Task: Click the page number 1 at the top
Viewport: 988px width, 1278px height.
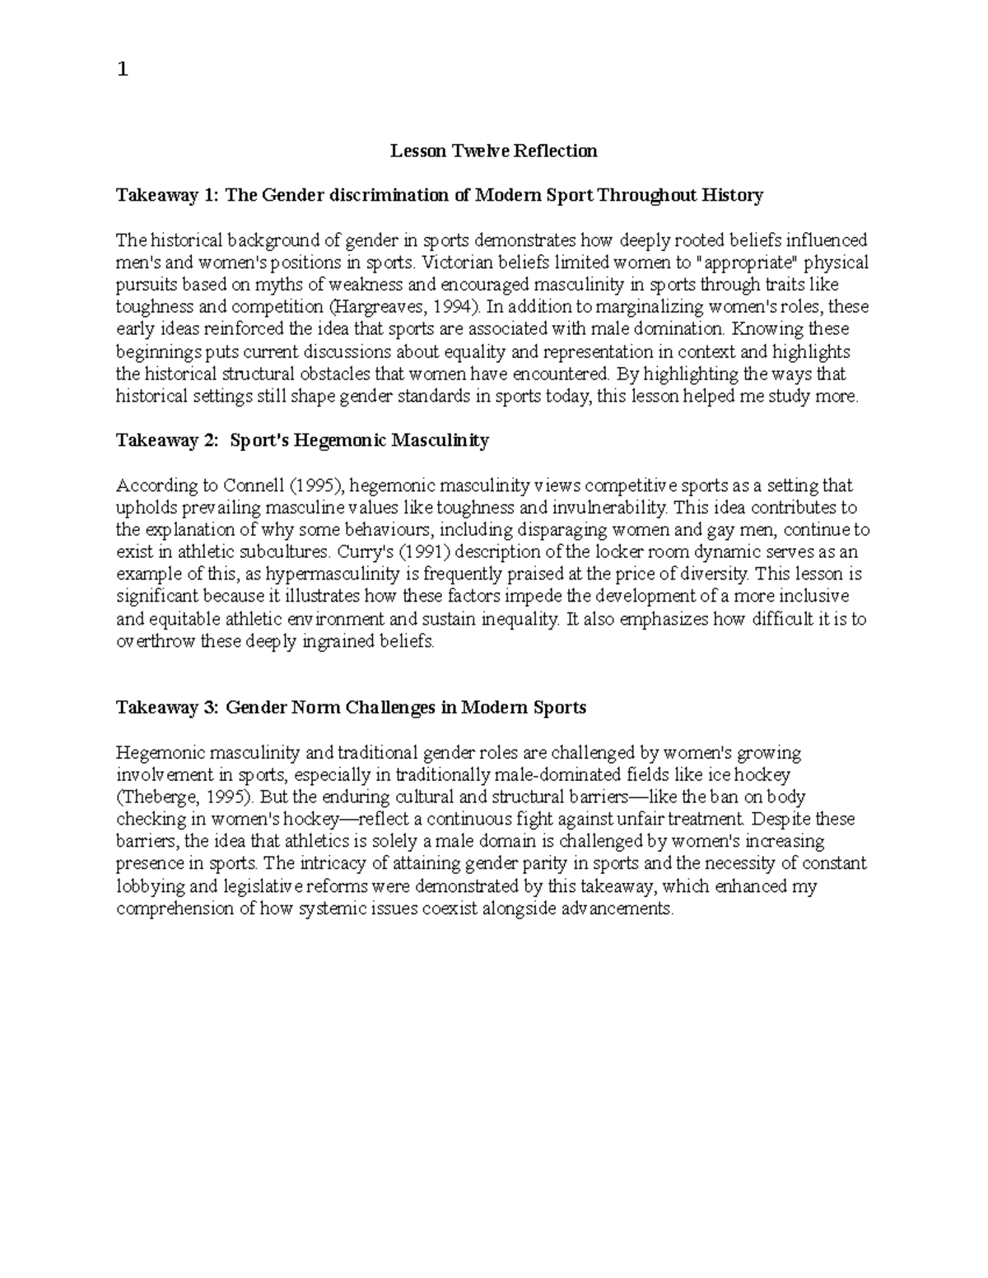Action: pyautogui.click(x=123, y=70)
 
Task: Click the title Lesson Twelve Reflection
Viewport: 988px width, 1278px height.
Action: pyautogui.click(x=493, y=151)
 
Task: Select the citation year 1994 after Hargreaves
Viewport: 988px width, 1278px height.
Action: pyautogui.click(x=451, y=307)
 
